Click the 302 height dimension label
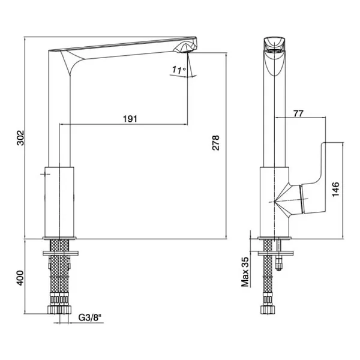pos(21,138)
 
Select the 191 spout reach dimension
pos(130,119)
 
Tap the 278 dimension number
pos(215,143)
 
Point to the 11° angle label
pos(179,70)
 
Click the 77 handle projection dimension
pos(298,113)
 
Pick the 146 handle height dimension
pos(335,189)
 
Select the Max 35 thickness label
pos(245,272)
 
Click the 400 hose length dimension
pos(20,278)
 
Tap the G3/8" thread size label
pos(90,318)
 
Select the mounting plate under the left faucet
pos(61,253)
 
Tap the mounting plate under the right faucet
pos(275,253)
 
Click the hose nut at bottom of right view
pos(267,310)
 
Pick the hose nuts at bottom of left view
pos(59,310)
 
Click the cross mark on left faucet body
pos(45,174)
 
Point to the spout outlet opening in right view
pos(274,52)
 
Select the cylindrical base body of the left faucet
pos(59,202)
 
